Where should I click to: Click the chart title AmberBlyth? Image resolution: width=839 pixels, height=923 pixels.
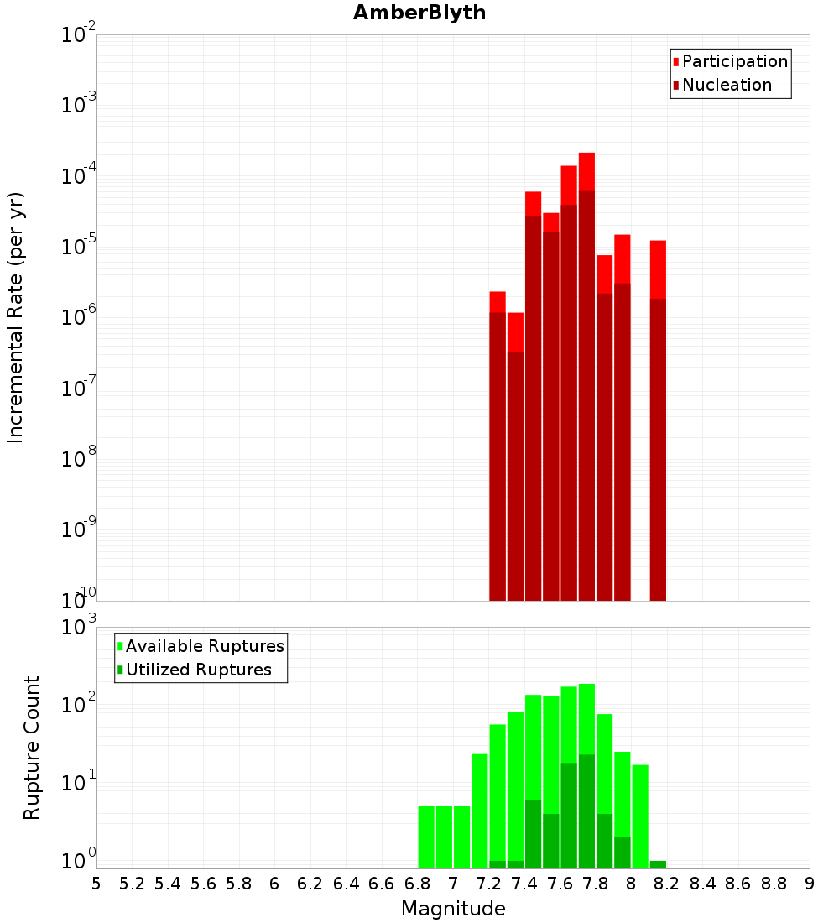419,13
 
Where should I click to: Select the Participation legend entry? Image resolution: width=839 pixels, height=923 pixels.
735,61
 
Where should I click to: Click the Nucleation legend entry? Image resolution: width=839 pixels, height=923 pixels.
727,85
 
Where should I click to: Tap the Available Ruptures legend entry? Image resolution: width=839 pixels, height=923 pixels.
205,646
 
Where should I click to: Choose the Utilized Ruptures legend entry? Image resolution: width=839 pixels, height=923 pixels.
198,670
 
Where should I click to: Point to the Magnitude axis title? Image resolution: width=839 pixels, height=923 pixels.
453,909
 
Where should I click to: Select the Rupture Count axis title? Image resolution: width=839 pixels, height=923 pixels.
32,748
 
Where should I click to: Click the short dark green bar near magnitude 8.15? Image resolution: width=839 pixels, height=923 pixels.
658,864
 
